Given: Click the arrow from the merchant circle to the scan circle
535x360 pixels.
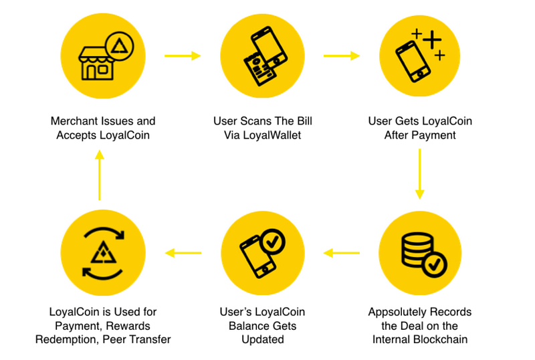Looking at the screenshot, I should click(x=182, y=56).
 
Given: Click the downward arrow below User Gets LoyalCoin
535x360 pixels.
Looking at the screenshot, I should click(x=419, y=174).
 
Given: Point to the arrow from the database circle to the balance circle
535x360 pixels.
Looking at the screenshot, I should click(x=341, y=253).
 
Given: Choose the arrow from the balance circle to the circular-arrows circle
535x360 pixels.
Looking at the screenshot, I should click(x=183, y=253).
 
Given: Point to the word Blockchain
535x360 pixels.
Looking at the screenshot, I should click(x=442, y=339).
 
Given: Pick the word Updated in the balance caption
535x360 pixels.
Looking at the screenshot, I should click(x=262, y=339).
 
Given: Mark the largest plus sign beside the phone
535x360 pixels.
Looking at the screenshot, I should click(x=433, y=40).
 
